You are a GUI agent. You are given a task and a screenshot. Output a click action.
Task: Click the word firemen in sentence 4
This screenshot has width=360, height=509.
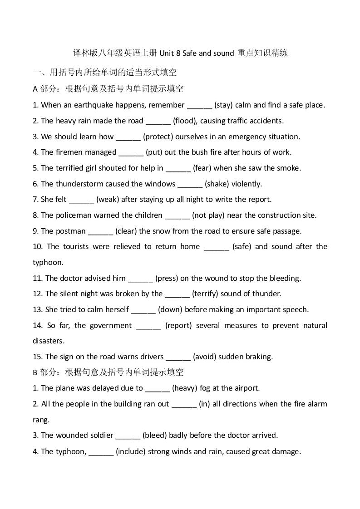click(69, 152)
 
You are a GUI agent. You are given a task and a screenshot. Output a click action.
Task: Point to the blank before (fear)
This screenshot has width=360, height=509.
click(178, 168)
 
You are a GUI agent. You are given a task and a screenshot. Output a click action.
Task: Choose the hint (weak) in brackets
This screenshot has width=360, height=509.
click(108, 199)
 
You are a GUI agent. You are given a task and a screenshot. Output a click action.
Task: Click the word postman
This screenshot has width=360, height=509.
click(70, 231)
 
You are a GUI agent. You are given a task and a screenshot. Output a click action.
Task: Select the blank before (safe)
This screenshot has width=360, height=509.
click(217, 246)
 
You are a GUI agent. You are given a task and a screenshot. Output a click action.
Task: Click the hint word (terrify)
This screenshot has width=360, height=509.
click(205, 294)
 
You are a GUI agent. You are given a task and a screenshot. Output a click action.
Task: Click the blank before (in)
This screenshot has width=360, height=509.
click(184, 404)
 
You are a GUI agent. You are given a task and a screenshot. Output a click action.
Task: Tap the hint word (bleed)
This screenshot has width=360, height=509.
click(155, 435)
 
